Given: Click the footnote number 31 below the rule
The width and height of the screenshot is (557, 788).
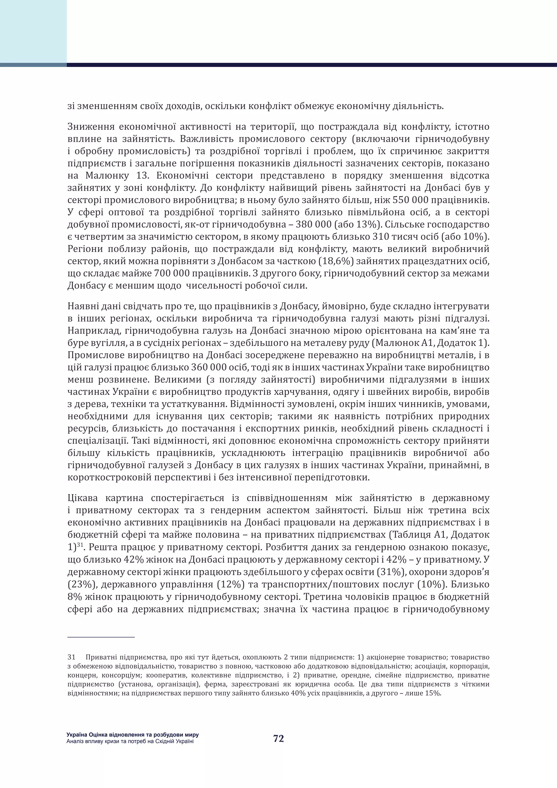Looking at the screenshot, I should click(x=71, y=657).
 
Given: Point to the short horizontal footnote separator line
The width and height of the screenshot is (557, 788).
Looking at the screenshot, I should click(x=101, y=637).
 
